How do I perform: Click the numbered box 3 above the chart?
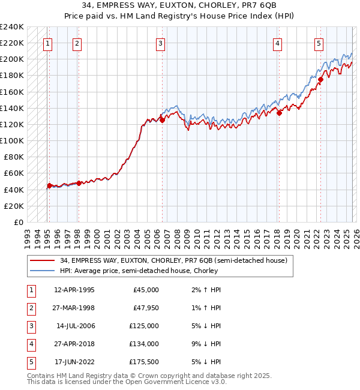(161, 43)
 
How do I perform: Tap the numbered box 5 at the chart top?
(319, 43)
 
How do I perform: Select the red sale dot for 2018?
(280, 113)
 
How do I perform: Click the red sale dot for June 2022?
(321, 79)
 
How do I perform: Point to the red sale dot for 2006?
(162, 121)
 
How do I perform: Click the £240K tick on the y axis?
(12, 27)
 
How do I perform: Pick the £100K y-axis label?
(12, 140)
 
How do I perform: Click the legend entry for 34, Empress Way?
(174, 260)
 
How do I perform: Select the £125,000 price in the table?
(144, 326)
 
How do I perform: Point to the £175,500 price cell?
(144, 362)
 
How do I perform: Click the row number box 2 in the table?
(29, 308)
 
